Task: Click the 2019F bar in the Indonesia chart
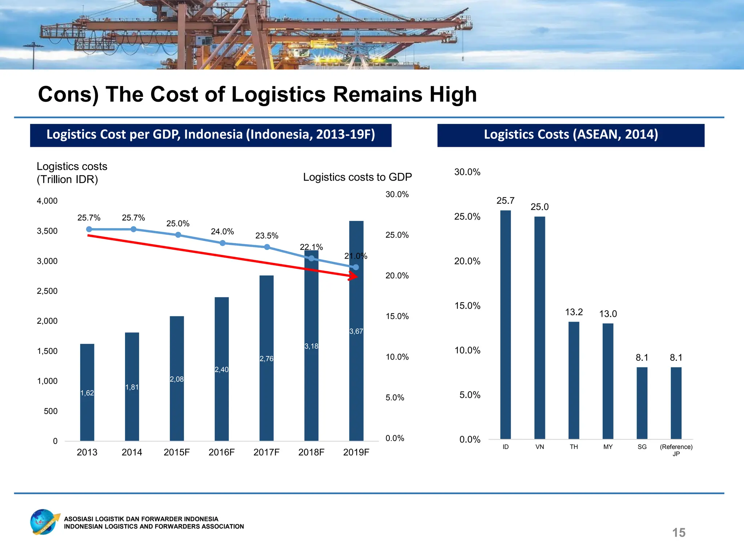pos(356,363)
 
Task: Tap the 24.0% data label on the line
pos(222,232)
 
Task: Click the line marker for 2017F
pos(267,247)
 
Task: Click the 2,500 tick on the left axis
pos(47,291)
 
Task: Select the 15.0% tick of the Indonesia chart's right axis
pos(397,316)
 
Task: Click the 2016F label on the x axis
pos(222,452)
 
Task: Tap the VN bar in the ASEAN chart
pos(539,327)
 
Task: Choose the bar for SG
pos(642,403)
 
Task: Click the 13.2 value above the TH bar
pos(574,312)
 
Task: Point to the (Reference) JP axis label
pos(676,450)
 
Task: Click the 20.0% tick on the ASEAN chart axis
pos(467,261)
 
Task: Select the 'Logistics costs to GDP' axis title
pos(357,177)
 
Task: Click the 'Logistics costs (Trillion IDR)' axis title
pos(72,173)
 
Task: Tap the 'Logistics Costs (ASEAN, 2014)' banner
pos(571,135)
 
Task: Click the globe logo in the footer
pos(44,522)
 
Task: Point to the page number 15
pos(679,533)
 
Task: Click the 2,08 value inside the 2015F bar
pos(177,379)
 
